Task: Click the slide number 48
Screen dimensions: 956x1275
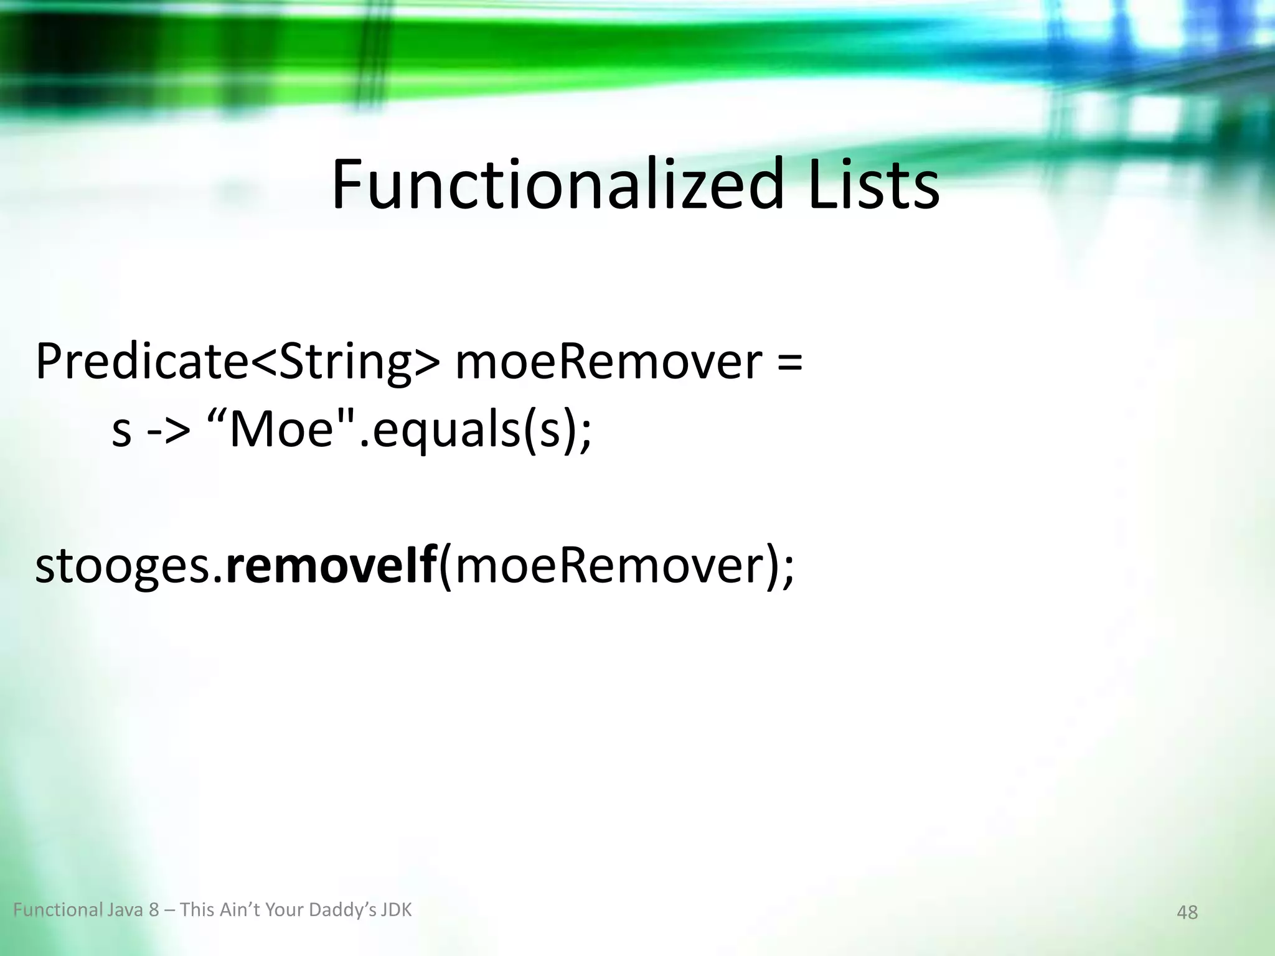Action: pyautogui.click(x=1187, y=912)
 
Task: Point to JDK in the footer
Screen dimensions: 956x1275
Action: pyautogui.click(x=397, y=910)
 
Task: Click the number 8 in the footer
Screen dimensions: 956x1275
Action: pyautogui.click(x=154, y=911)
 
